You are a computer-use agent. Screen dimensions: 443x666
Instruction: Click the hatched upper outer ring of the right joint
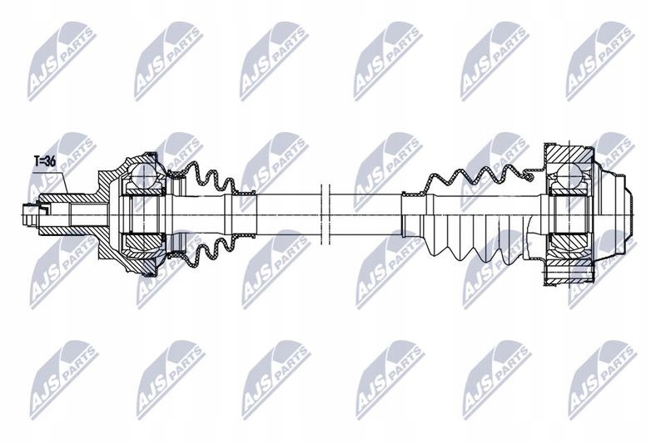click(569, 155)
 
